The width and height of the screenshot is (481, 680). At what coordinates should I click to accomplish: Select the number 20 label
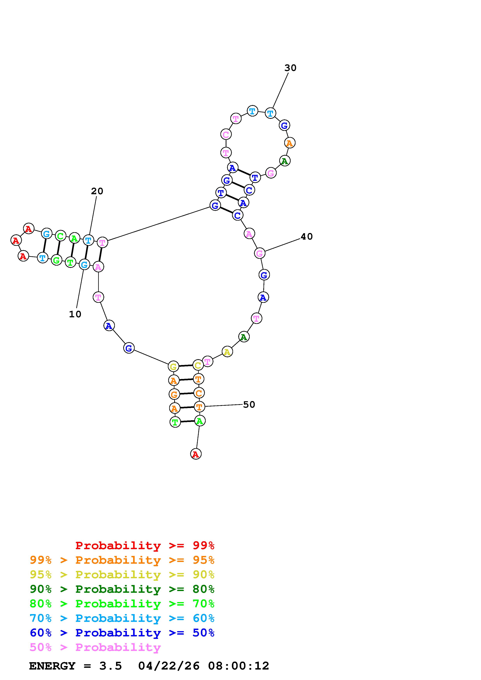(97, 191)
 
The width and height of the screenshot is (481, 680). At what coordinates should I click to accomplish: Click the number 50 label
(249, 405)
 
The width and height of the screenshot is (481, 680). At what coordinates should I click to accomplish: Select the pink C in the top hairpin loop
(226, 135)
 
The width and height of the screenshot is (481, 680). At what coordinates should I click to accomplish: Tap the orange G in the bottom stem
(174, 394)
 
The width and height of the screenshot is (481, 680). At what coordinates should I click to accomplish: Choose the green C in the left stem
(60, 236)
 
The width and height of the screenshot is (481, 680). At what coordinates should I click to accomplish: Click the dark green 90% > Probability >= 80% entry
(122, 589)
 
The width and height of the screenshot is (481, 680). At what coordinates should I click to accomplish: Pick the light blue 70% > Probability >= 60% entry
(122, 618)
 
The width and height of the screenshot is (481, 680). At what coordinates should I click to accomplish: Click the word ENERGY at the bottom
(52, 666)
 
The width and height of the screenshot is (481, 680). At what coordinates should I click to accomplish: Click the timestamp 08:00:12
(239, 666)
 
